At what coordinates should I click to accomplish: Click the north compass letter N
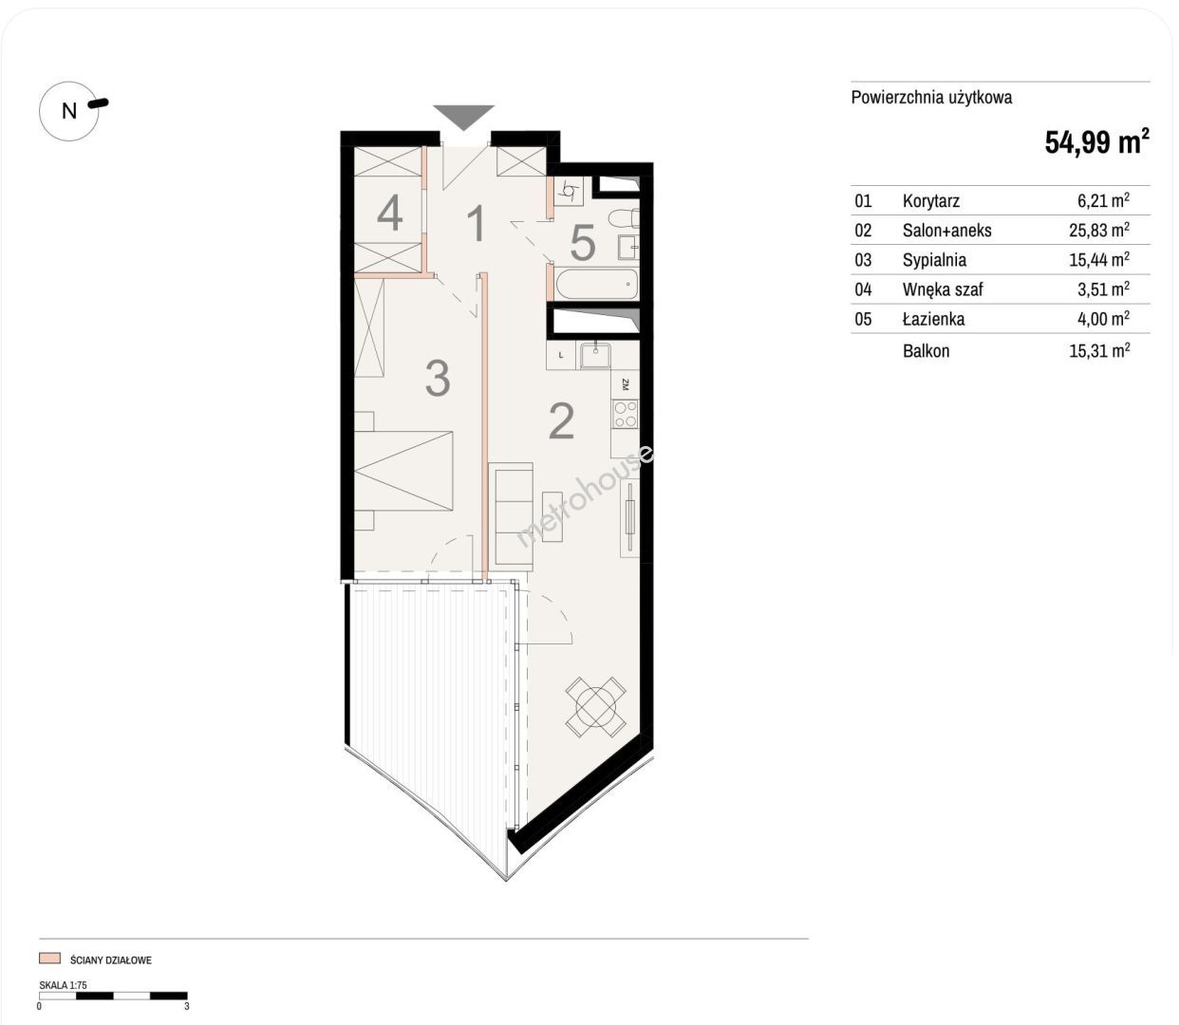69,111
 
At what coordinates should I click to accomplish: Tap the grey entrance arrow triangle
464,118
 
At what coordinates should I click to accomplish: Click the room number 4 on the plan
389,213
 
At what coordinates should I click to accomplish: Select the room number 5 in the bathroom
582,243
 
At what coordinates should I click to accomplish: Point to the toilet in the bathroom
624,219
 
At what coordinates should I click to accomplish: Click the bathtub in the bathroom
597,284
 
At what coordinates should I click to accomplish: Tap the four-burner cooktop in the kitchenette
626,414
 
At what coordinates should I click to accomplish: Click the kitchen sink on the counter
595,355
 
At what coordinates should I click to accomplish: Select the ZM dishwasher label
626,384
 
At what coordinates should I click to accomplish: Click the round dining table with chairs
596,707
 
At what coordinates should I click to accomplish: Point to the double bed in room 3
403,471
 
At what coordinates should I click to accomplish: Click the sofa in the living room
511,513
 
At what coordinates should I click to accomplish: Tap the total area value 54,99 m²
1096,141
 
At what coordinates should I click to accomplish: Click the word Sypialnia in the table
934,260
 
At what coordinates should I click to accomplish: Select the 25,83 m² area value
1099,230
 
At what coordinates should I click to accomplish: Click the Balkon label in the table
926,350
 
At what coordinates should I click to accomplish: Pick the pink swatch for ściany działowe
49,959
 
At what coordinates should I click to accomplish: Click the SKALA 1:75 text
63,985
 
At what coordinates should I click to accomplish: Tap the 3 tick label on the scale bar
187,1006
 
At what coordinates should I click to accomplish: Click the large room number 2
561,421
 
